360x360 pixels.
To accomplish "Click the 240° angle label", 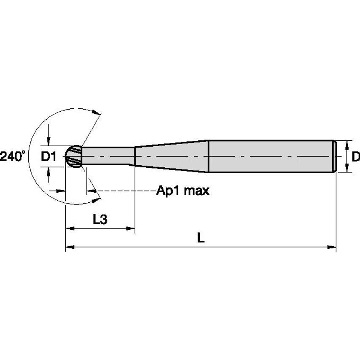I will (13, 156).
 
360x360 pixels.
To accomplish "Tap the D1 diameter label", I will (49, 157).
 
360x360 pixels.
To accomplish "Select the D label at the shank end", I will (355, 157).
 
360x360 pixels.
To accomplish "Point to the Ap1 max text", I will (183, 191).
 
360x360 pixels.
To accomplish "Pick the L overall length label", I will (201, 238).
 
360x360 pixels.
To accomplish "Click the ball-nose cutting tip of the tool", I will (74, 156).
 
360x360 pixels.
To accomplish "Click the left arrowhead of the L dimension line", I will (69, 247).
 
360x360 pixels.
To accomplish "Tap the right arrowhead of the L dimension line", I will (333, 247).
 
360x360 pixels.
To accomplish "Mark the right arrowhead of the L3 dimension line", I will (131, 228).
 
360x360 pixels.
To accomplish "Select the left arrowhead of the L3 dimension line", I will (69, 228).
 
